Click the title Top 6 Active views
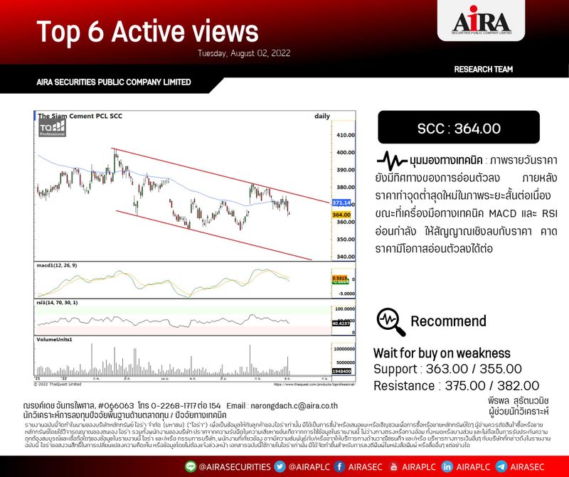[x=147, y=31]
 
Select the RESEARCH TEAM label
[x=483, y=69]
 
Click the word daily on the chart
[x=322, y=116]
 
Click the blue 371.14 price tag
[x=342, y=203]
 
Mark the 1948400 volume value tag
[x=342, y=371]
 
